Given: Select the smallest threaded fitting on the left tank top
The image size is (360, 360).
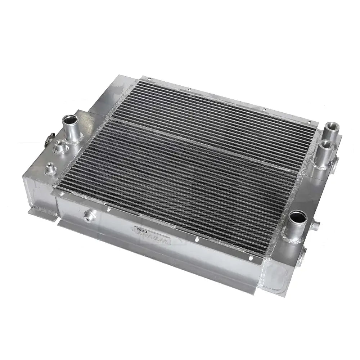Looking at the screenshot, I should [x=50, y=168].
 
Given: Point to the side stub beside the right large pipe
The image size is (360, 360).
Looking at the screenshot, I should [x=316, y=226].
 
